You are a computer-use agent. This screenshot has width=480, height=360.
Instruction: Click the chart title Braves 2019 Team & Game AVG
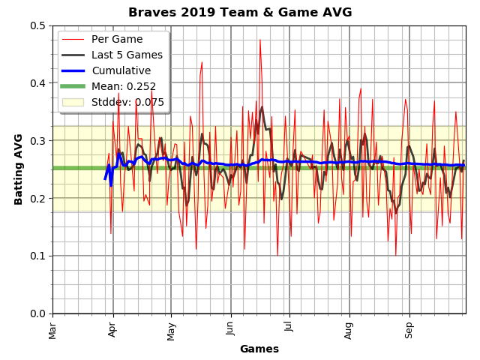[240, 13]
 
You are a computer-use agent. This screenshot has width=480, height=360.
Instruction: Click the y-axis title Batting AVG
[19, 169]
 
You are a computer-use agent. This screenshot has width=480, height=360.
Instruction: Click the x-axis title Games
[259, 349]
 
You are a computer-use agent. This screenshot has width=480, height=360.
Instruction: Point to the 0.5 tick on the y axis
[37, 25]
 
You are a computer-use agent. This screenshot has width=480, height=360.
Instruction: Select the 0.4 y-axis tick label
[37, 83]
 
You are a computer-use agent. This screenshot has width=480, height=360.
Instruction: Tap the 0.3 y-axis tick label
[37, 141]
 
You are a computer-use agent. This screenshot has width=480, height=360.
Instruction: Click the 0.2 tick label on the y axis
[37, 198]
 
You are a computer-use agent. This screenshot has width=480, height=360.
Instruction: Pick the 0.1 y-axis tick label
[37, 256]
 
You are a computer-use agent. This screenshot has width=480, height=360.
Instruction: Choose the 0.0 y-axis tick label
[37, 313]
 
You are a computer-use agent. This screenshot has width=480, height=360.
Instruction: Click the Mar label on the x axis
[53, 328]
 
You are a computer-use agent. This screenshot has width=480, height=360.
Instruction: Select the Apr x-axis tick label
[112, 328]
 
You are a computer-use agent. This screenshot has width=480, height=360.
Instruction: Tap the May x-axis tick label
[171, 328]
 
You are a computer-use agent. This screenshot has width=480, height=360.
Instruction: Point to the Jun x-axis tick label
[230, 328]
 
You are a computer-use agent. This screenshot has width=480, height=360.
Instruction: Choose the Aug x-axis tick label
[349, 328]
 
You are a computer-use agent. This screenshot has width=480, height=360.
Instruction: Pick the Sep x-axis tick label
[409, 328]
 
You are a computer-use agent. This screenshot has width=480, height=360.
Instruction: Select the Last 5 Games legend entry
[127, 55]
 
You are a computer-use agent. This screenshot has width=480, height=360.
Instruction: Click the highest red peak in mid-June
[260, 40]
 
